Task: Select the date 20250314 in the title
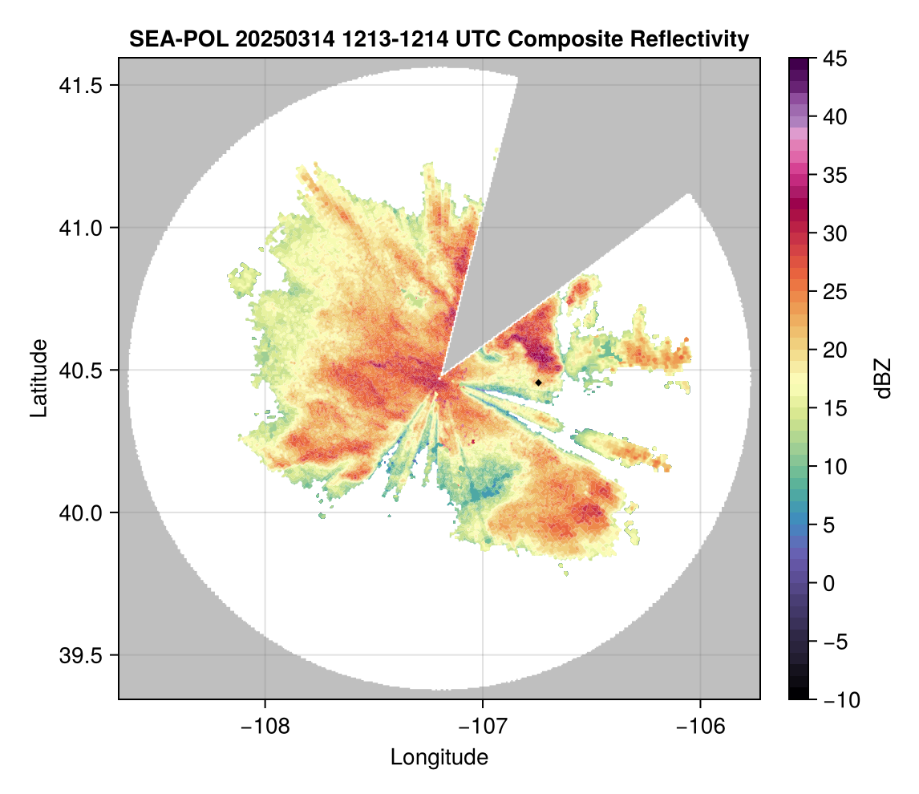coord(273,38)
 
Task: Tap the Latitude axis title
coord(38,378)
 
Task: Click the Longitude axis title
coord(439,756)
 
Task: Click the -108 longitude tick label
coord(264,726)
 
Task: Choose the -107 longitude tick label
coord(483,726)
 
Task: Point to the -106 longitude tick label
coord(701,726)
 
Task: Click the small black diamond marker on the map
coord(539,383)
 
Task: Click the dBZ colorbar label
coord(883,379)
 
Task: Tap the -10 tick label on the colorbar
coord(840,700)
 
